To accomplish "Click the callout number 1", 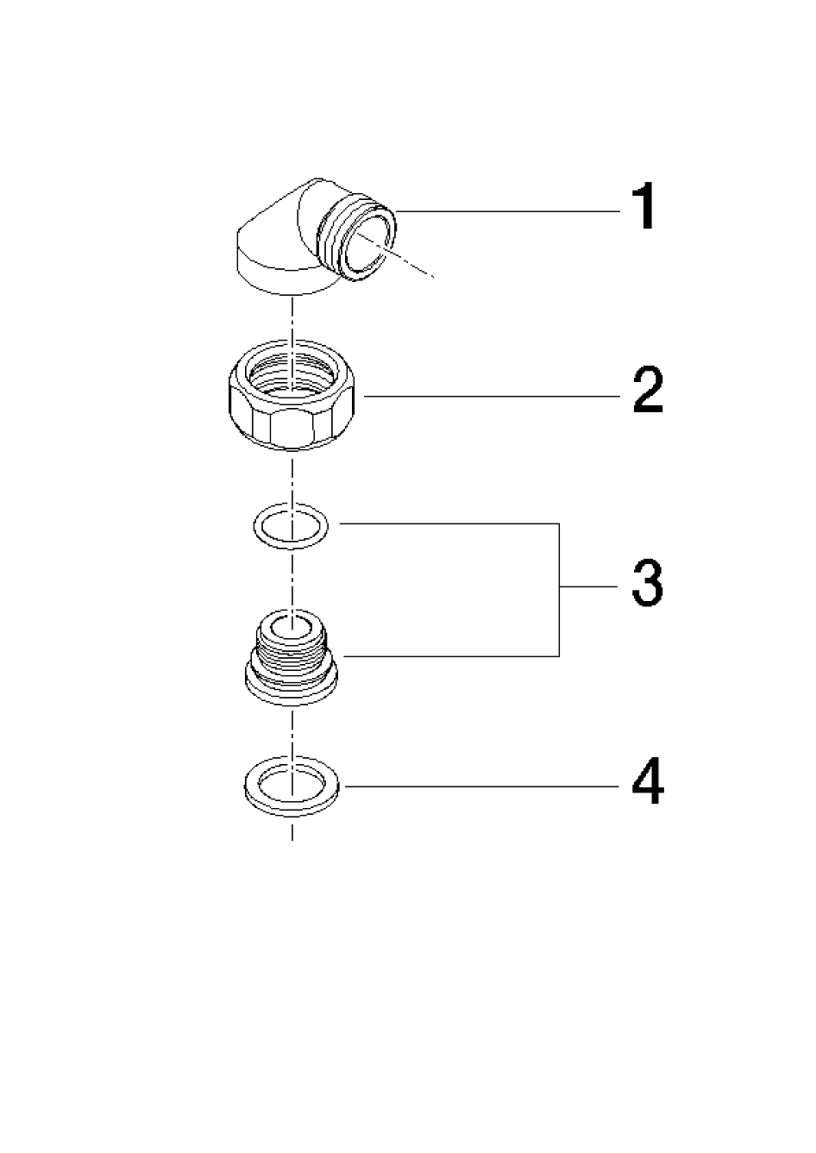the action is pos(643,207).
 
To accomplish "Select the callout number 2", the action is pos(648,390).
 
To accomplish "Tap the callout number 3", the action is pos(647,583).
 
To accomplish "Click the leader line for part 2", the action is pos(492,397).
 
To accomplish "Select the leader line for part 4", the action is pos(482,786).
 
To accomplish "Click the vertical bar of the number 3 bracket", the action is pos(559,590).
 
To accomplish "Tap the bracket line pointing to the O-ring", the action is pos(449,524).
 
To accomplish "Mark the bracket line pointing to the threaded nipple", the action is pos(451,656).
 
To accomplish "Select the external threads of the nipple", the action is pos(292,652).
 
